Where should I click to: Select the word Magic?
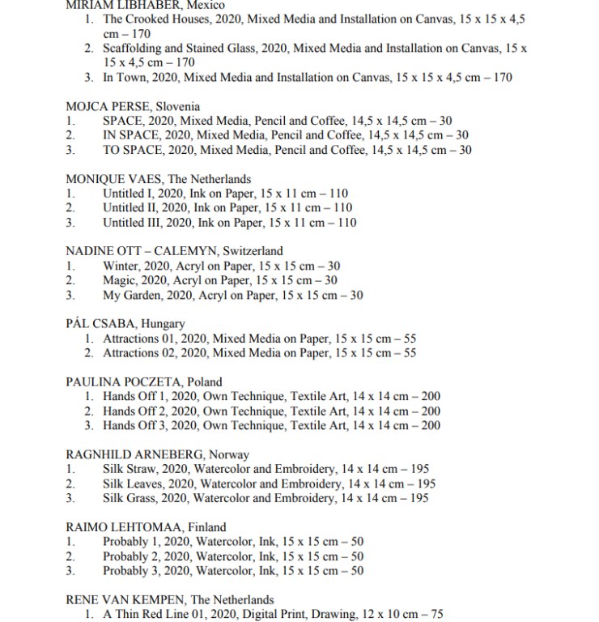click(x=118, y=281)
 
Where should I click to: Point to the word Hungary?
click(x=164, y=324)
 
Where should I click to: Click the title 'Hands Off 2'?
click(x=137, y=411)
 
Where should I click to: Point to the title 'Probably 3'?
click(x=132, y=571)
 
